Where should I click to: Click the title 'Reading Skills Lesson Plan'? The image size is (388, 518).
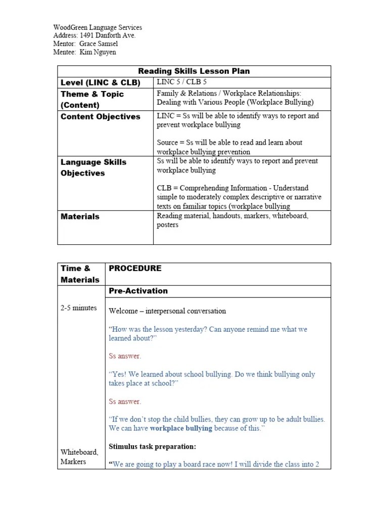point(194,71)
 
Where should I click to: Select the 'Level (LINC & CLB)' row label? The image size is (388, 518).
point(100,83)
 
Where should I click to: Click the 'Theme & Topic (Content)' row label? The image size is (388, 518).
point(92,100)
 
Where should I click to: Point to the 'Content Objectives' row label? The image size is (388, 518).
point(100,117)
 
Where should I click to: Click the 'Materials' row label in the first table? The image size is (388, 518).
point(80,217)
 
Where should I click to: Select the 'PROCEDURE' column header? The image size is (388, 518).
point(135,269)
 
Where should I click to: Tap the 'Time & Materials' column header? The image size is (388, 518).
point(80,274)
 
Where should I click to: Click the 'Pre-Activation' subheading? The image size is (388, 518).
point(138,291)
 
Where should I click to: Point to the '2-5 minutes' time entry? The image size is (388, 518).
point(78,308)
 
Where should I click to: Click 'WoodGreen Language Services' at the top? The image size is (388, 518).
point(98,28)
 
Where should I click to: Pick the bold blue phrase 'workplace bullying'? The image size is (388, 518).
point(181,428)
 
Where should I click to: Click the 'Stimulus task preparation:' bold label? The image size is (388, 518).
point(152,447)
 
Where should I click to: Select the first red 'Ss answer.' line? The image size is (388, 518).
point(125,356)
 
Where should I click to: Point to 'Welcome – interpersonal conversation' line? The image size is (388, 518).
point(167,311)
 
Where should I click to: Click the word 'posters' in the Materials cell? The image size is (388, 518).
point(167,225)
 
